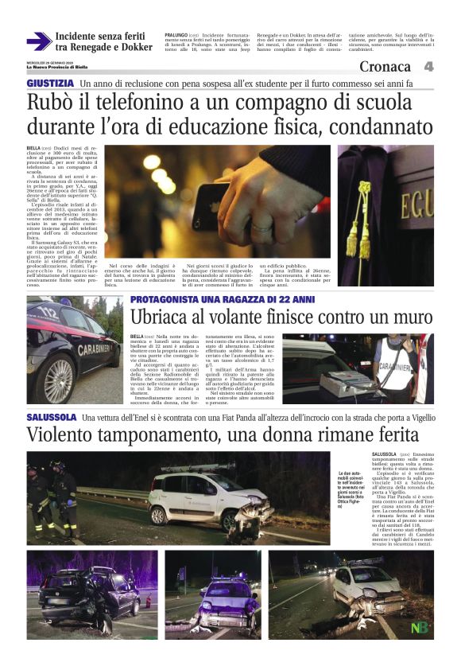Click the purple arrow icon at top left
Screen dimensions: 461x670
pyautogui.click(x=38, y=41)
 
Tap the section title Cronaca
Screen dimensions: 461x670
pyautogui.click(x=385, y=67)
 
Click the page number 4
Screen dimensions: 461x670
pyautogui.click(x=428, y=67)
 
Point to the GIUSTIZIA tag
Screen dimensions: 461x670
pyautogui.click(x=51, y=84)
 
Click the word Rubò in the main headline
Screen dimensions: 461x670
pyautogui.click(x=56, y=103)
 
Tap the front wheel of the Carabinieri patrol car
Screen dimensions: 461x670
pyautogui.click(x=60, y=380)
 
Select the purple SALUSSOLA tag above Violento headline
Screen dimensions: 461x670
pyautogui.click(x=51, y=417)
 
